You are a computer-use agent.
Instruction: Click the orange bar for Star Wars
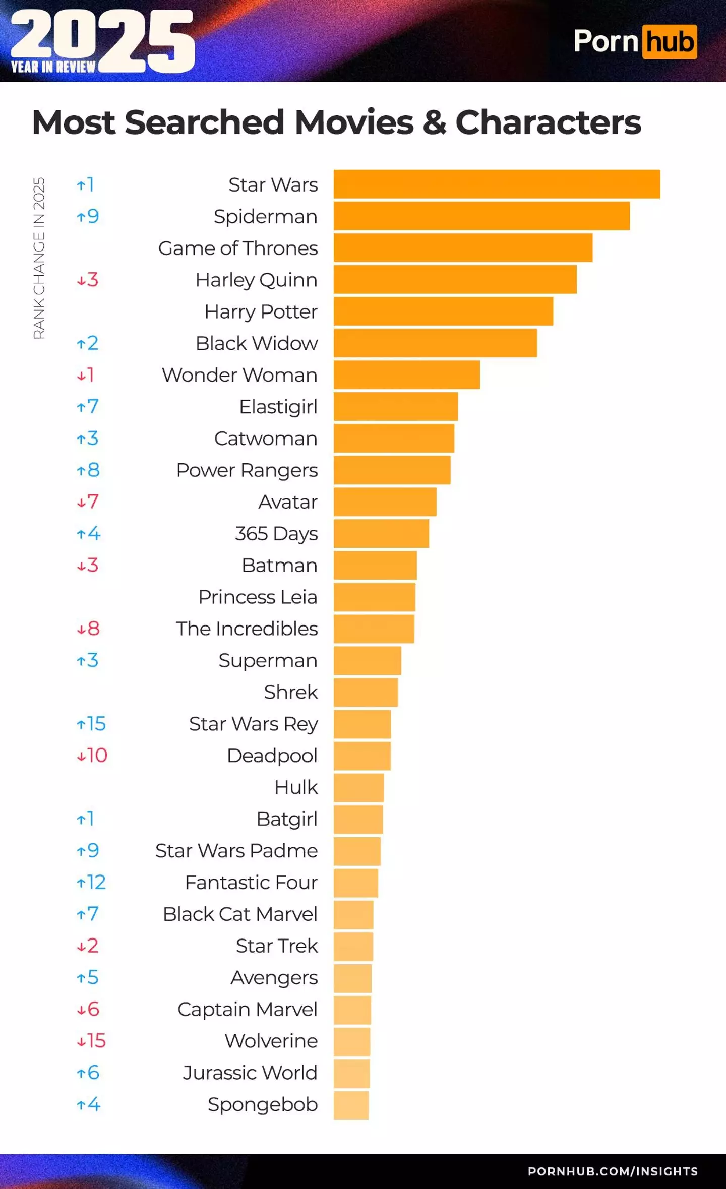point(497,184)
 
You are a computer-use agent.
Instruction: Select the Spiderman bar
point(481,216)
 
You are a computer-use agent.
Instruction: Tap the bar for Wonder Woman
point(406,374)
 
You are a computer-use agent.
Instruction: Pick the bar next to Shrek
point(366,692)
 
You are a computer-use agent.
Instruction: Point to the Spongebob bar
point(351,1105)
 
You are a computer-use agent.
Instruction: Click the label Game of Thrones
point(238,248)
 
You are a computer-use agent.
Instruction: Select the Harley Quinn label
point(256,280)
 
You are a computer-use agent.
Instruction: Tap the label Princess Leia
point(258,597)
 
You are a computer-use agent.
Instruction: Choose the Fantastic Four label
point(251,882)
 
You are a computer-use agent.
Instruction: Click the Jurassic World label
point(250,1073)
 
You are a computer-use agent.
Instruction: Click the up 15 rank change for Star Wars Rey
point(91,724)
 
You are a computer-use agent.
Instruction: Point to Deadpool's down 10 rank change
point(92,755)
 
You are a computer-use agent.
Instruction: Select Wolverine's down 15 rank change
point(91,1041)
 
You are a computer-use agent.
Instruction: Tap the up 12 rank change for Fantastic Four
point(91,882)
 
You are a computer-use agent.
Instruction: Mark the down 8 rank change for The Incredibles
point(88,629)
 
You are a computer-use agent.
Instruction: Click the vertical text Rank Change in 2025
point(39,258)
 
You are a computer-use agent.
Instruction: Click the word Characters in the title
point(548,122)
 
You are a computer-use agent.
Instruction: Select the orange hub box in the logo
point(670,42)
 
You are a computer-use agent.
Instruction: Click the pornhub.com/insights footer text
point(613,1171)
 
